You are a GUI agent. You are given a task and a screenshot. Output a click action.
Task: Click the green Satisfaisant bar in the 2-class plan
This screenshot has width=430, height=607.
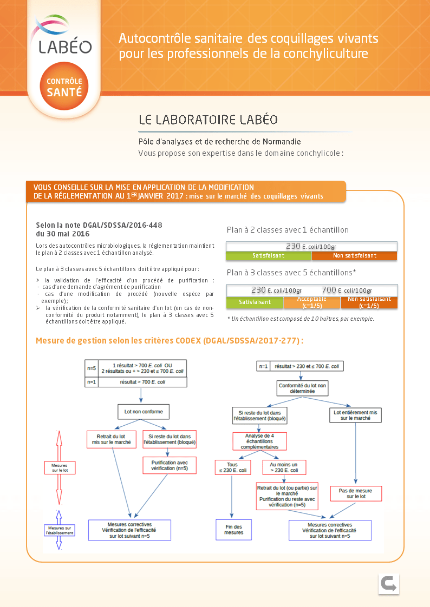point(269,255)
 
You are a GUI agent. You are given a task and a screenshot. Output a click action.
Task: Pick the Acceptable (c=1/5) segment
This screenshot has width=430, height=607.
point(311,302)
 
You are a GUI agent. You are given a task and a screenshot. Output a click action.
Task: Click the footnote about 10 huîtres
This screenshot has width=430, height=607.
point(301,319)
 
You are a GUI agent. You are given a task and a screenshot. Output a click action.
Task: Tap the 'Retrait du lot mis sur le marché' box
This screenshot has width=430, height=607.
point(112,439)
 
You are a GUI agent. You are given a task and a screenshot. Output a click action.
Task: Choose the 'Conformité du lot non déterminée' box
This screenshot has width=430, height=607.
point(296,388)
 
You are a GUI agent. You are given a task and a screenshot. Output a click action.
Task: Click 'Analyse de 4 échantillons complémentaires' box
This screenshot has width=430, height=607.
point(259,441)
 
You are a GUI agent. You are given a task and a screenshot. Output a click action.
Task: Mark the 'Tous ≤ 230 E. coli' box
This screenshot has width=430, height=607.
point(232,467)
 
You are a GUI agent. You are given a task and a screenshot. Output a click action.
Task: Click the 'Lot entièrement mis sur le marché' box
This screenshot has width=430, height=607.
point(355,415)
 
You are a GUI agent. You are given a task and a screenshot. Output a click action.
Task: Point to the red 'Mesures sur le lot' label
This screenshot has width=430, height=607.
point(60,467)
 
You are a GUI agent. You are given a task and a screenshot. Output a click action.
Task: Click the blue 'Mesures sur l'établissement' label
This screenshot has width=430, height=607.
point(60,530)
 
